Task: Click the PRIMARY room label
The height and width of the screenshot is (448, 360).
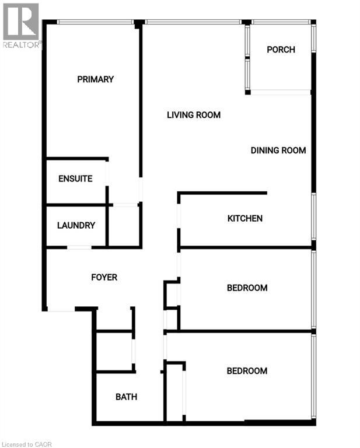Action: (95, 79)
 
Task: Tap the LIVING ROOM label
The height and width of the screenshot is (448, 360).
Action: (194, 115)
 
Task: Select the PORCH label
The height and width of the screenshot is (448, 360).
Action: (281, 50)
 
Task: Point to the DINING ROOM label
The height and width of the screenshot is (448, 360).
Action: (278, 150)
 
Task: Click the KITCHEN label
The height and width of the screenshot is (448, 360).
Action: (244, 219)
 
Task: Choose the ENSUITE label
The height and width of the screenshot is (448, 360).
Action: (75, 179)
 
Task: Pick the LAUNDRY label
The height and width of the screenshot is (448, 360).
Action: (76, 226)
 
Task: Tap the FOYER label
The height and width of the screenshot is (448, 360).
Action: (104, 278)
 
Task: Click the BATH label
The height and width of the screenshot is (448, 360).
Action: (126, 397)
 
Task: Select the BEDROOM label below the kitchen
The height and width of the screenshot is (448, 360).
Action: (247, 288)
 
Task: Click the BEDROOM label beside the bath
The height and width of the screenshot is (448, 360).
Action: (247, 371)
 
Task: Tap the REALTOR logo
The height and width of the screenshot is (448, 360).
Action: (21, 25)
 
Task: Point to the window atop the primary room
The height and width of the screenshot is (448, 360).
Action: (95, 22)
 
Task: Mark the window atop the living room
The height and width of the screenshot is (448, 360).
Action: (193, 22)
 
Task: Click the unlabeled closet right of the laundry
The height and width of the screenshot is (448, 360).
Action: (124, 226)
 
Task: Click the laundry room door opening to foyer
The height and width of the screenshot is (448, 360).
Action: (79, 248)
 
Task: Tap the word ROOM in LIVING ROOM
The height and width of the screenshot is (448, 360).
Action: (208, 115)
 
